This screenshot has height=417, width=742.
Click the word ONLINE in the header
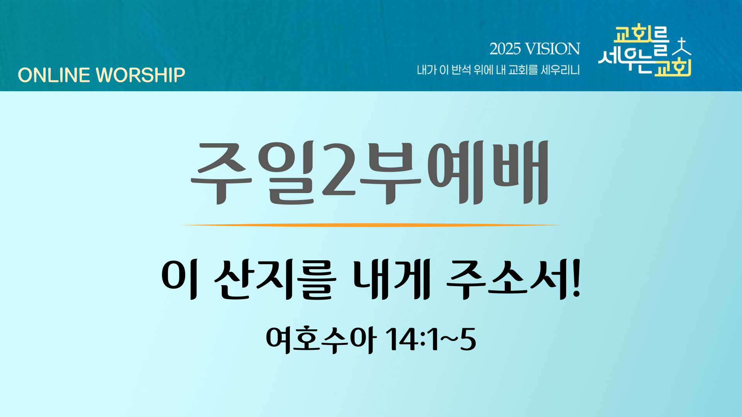click(x=54, y=75)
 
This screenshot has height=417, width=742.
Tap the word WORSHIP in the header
click(x=141, y=75)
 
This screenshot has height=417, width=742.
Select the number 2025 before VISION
click(x=505, y=49)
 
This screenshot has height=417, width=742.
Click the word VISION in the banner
click(x=553, y=49)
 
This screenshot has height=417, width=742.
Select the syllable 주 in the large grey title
click(x=221, y=173)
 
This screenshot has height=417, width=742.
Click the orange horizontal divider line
click(x=371, y=225)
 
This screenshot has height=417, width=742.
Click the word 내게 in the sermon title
click(x=391, y=280)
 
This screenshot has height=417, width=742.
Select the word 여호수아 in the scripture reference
click(x=321, y=340)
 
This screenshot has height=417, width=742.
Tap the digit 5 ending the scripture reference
click(x=468, y=340)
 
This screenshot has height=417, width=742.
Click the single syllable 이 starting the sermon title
click(x=180, y=280)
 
